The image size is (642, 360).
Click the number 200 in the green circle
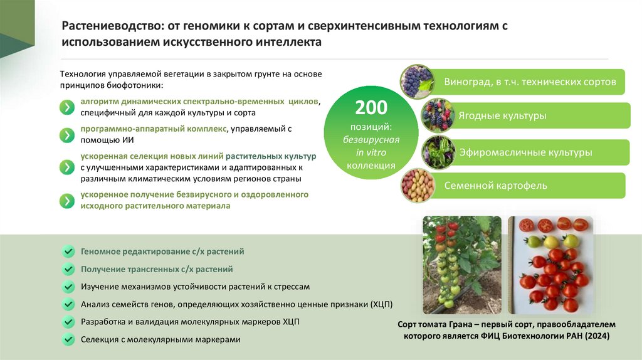tap(371, 108)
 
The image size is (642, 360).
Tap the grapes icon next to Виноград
tap(417, 81)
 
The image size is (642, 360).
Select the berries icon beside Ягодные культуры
tap(438, 115)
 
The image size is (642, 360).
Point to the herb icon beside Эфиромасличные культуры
tap(438, 152)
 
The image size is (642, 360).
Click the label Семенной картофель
tap(495, 186)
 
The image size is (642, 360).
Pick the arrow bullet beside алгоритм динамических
tap(66, 107)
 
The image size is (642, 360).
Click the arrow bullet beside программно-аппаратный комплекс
tap(66, 134)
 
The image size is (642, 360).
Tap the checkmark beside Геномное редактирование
tap(68, 251)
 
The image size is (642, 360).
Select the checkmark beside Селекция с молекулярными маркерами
tap(68, 339)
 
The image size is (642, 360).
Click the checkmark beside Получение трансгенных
tap(68, 269)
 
